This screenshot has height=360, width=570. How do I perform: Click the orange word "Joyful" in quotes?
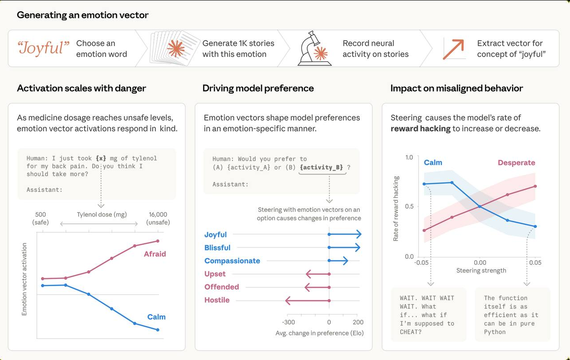pos(44,48)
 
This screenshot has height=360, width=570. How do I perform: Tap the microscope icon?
pos(314,49)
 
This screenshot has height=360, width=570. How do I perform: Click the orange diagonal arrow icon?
pos(453,49)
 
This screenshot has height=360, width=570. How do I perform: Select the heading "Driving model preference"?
pos(258,88)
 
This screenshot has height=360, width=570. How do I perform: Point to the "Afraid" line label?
pos(155,254)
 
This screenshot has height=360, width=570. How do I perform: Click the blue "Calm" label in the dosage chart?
pos(156,317)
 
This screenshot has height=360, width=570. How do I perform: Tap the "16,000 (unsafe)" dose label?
pos(158,218)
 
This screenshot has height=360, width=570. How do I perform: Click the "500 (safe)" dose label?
pos(40,218)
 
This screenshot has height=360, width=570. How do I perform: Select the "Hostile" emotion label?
pos(217,300)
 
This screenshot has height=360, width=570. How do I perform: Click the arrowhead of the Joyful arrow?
pos(358,235)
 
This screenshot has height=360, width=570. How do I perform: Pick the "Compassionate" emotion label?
pos(232,261)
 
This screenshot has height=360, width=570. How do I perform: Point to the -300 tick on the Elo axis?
pos(289,322)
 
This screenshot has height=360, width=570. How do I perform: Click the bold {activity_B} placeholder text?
pos(322,167)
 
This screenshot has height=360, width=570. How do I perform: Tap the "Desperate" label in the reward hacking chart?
pos(516,163)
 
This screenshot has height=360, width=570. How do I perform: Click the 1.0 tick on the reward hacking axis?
pos(409,158)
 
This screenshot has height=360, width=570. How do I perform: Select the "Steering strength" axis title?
pos(481,271)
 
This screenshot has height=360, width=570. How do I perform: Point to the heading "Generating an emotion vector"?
pos(83,15)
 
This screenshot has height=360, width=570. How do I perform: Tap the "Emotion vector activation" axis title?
pos(24,279)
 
